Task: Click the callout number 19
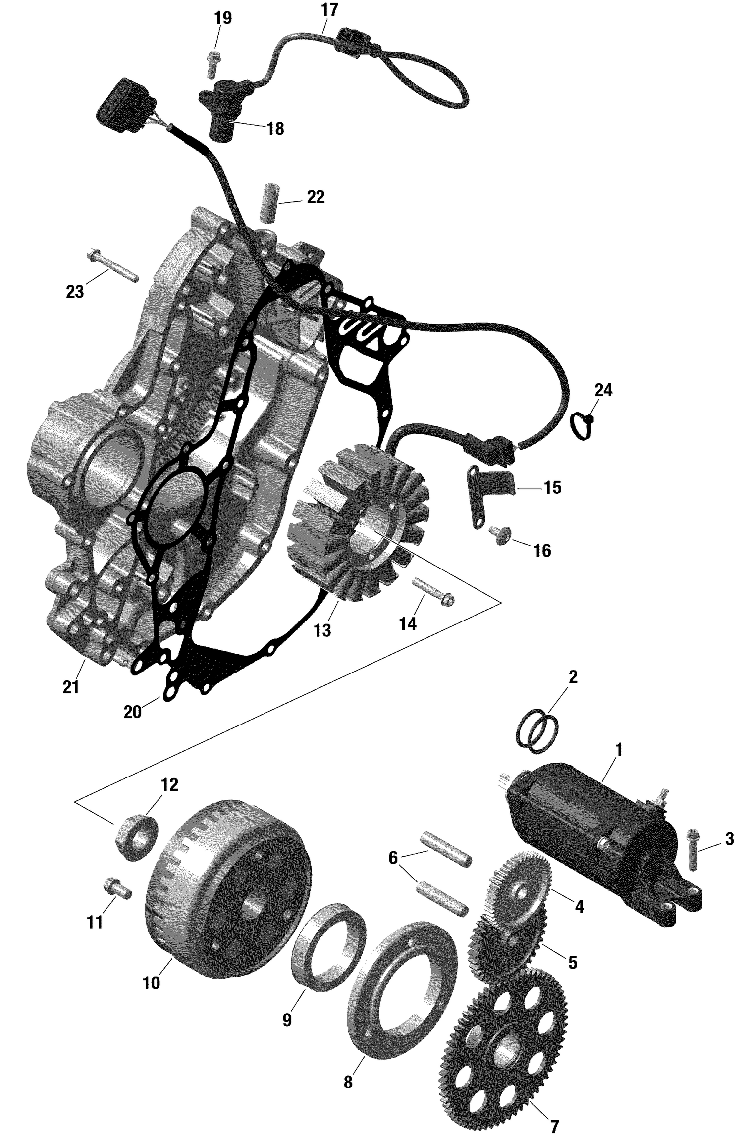coord(222,18)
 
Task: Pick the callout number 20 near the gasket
coord(132,712)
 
